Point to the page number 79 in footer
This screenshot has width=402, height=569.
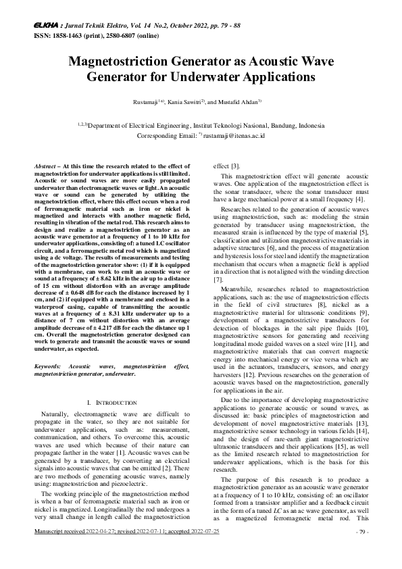361,551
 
